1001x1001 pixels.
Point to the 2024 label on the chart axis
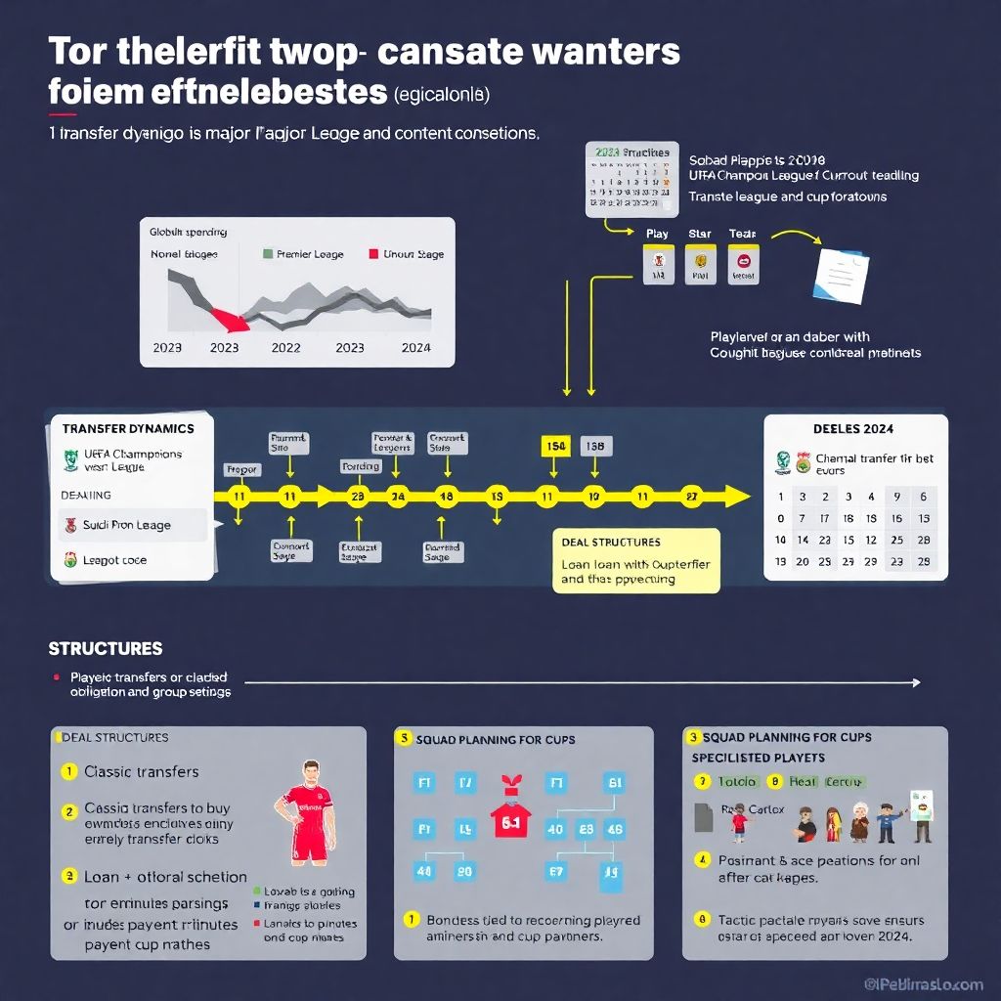(415, 347)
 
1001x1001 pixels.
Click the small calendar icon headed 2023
(631, 179)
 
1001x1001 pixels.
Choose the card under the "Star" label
(699, 264)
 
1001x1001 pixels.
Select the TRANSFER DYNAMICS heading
(128, 428)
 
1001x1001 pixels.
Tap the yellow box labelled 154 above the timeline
(555, 447)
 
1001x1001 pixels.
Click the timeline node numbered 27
(691, 497)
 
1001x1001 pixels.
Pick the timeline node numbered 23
(356, 497)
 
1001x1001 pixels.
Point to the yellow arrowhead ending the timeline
(738, 497)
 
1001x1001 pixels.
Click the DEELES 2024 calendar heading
(852, 428)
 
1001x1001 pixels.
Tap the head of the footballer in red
(311, 770)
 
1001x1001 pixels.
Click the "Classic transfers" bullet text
(141, 771)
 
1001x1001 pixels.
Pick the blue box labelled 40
(555, 830)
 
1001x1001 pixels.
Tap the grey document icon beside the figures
(703, 817)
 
